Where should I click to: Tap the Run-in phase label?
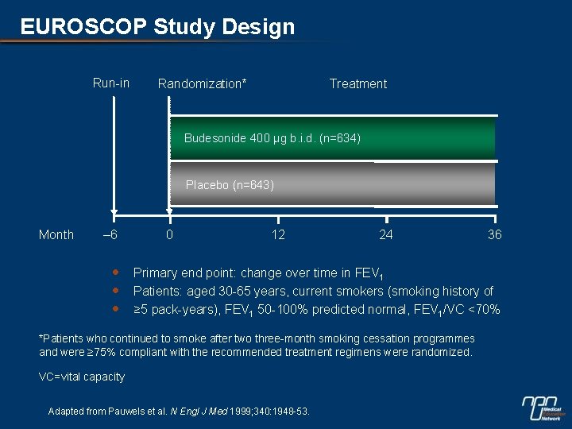coord(111,83)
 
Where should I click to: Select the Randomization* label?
coord(202,83)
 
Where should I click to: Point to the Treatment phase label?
coord(358,83)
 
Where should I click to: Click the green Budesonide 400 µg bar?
coord(332,138)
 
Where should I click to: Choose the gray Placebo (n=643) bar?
coord(332,185)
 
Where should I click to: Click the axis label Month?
coord(56,234)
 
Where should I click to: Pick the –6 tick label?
coord(111,234)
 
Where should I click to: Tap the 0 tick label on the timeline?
coord(169,234)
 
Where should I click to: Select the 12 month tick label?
coord(278,234)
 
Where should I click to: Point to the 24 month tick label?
coord(386,234)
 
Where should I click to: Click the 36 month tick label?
coord(494,234)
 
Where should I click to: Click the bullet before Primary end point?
coord(115,272)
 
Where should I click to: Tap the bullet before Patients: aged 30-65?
coord(115,290)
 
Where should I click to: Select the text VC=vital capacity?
coord(82,377)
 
